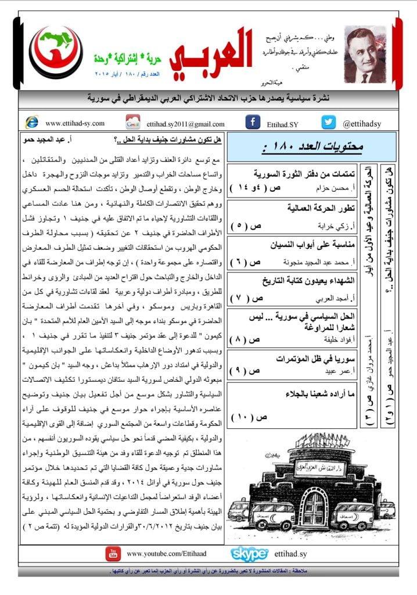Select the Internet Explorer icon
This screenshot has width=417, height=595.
[31, 123]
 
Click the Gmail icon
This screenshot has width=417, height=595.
[133, 123]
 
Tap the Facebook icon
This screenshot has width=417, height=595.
[252, 123]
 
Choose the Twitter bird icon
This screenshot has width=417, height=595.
[329, 123]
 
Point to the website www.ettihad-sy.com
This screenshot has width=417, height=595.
[74, 123]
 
